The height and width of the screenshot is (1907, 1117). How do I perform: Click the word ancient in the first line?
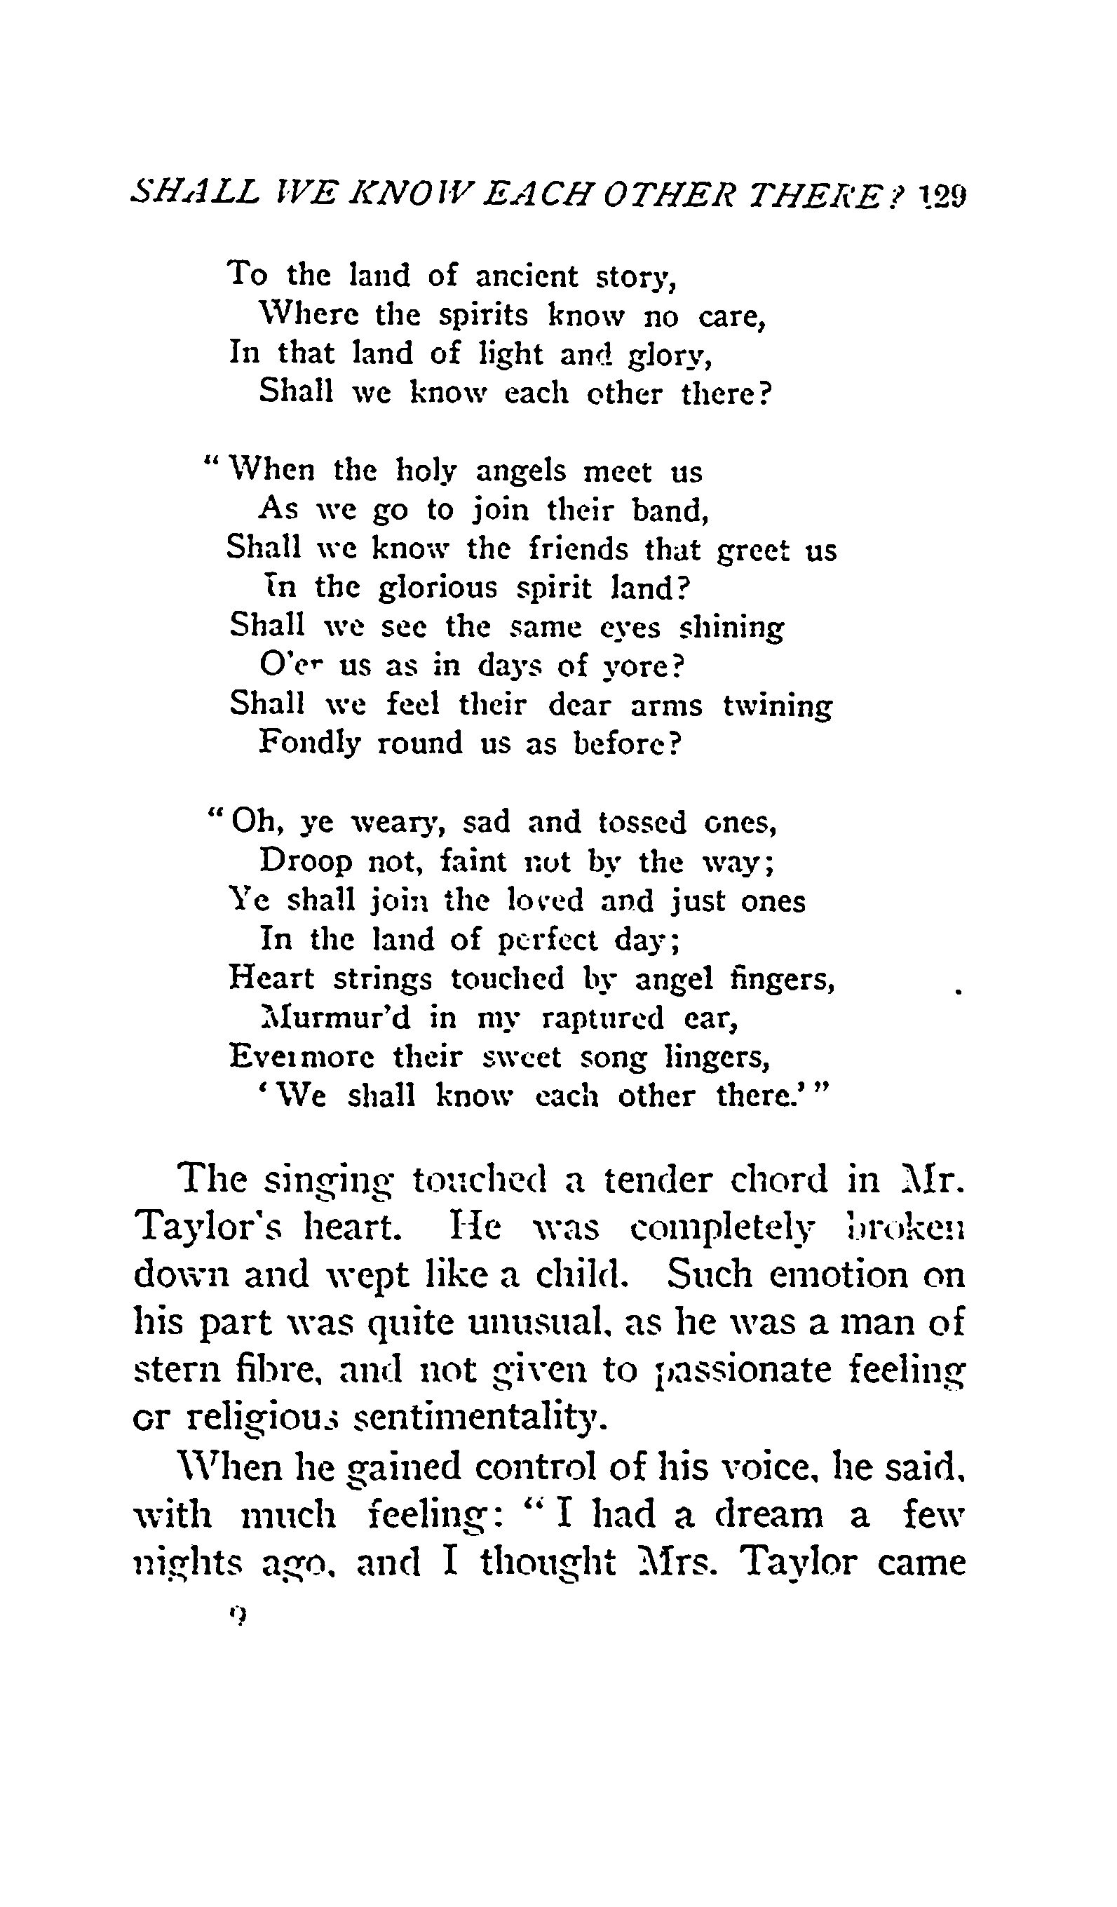click(x=526, y=276)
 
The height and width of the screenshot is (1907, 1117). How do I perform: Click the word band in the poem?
click(x=668, y=511)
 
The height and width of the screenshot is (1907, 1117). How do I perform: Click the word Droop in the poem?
click(x=306, y=862)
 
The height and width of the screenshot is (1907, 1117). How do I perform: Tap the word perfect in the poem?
click(x=547, y=941)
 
